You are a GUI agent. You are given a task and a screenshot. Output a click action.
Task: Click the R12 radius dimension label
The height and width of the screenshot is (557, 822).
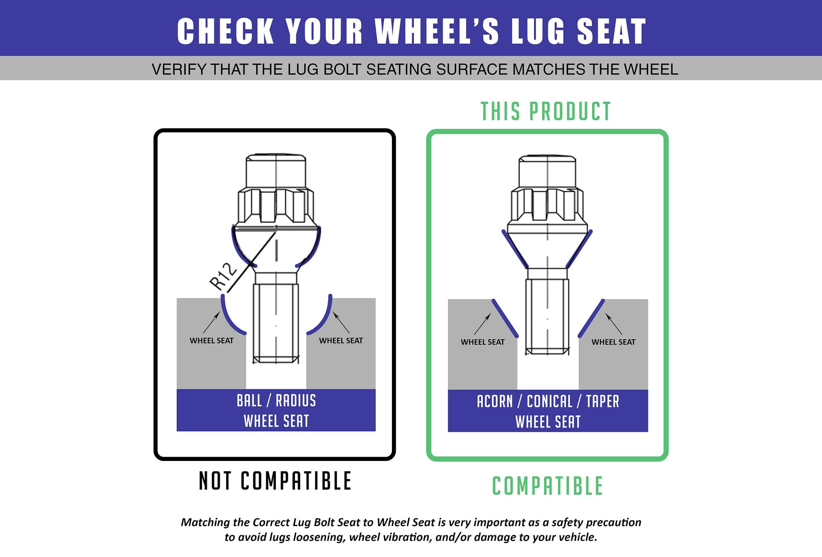pos(223,276)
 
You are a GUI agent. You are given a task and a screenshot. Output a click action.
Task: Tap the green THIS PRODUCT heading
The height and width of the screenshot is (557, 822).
pos(545,111)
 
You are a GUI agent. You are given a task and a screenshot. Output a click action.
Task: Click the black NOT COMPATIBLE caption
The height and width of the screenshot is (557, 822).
pos(275,481)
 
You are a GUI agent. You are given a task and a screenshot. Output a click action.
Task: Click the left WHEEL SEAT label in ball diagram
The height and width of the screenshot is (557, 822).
pos(211,341)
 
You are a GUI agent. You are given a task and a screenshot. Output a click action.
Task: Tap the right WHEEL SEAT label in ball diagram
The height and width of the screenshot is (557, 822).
pos(341,341)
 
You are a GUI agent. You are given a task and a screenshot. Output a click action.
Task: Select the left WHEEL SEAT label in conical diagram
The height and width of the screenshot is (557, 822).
pos(482,342)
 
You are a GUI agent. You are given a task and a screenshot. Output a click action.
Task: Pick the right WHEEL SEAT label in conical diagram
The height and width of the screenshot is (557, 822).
pos(613,342)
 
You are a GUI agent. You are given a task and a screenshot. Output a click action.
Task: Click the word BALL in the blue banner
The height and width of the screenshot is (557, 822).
pos(249,401)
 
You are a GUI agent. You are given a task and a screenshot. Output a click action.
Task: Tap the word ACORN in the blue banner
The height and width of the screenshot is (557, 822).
pos(495,401)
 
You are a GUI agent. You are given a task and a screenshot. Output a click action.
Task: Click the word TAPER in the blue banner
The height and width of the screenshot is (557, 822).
pos(603,401)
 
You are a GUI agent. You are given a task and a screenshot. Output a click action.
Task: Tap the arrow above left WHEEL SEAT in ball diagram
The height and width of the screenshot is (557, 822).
pos(212,322)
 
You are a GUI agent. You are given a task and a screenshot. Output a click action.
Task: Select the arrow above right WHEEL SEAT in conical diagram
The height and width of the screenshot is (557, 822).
pos(613,324)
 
